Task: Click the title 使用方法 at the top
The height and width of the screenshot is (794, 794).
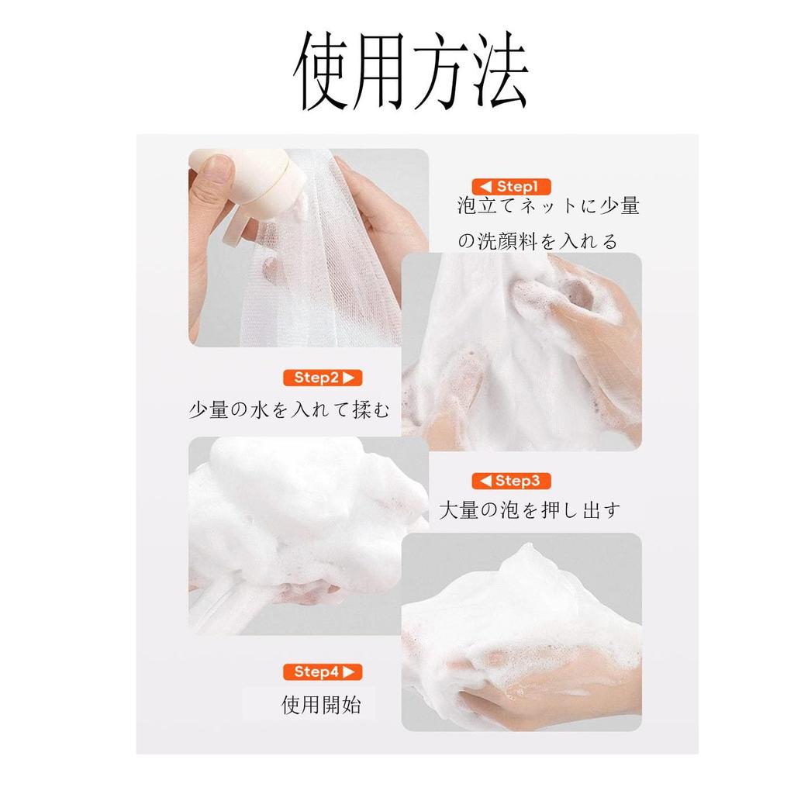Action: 411,71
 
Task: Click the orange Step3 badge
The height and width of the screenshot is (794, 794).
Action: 512,481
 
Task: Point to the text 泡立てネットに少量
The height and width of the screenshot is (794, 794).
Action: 548,206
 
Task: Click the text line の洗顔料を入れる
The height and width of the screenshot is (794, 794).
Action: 537,241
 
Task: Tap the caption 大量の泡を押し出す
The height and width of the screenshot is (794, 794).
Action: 530,510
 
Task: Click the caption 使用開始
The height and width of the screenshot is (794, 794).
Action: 320,705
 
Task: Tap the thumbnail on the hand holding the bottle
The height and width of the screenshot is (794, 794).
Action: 217,169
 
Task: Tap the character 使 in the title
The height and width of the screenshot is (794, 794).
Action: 323,71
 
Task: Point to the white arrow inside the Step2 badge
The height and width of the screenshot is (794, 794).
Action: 348,378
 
